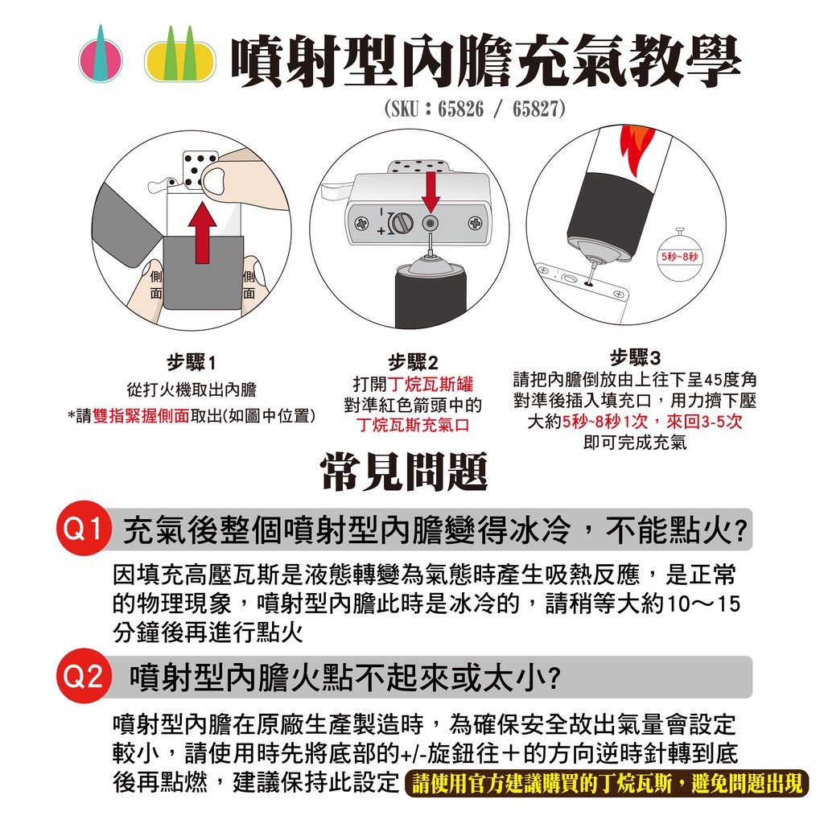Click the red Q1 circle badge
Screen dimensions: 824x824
coord(84,528)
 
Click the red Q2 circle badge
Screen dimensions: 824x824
coord(84,675)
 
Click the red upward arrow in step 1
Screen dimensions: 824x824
coord(202,232)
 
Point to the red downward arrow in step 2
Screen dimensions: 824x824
coord(431,192)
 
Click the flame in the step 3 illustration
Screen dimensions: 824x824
coord(637,149)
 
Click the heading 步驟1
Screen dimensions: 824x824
coord(192,362)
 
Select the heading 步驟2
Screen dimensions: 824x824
coord(413,362)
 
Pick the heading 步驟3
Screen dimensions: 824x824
coord(635,357)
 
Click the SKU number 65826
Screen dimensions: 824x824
coord(460,109)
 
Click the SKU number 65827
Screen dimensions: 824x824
coord(535,109)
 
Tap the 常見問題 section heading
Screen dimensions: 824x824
coord(405,472)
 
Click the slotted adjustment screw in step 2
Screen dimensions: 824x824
coord(401,223)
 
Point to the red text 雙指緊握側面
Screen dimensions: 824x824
coord(141,416)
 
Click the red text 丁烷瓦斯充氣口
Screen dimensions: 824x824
coord(413,425)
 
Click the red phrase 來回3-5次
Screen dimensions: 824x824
coord(705,422)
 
